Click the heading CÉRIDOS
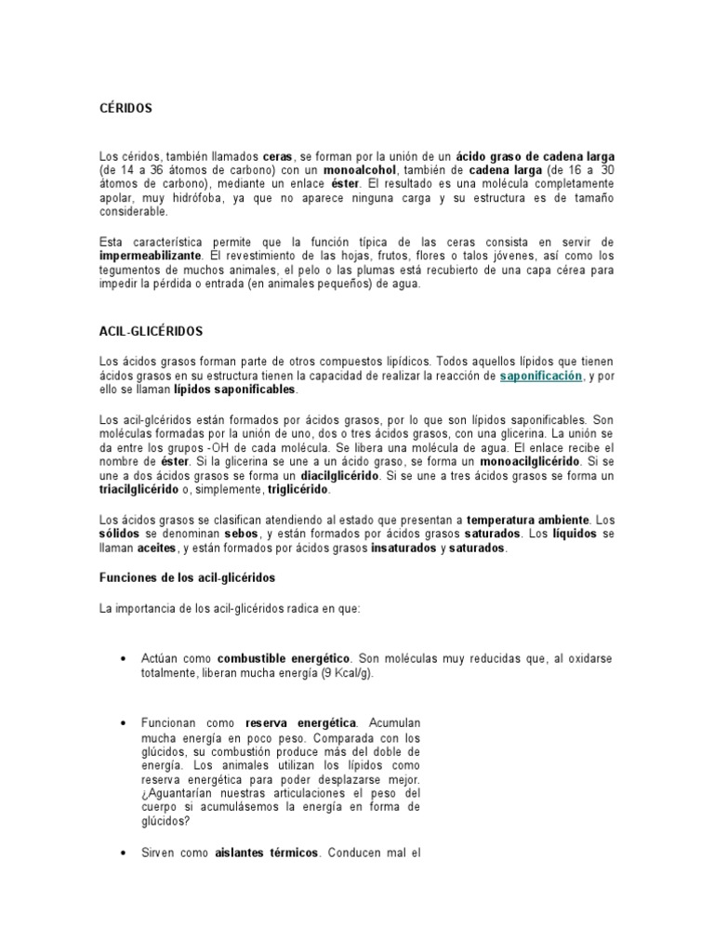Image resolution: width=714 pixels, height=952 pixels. coord(125,109)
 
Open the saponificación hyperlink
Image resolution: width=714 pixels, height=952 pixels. coord(541,375)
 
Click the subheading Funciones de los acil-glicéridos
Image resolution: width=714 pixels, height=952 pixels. coord(188,577)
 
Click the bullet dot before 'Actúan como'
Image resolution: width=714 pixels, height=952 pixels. coord(124,659)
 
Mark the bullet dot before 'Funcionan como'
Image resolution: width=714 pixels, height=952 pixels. coord(124,722)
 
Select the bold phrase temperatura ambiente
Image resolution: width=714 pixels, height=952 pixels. coord(528,521)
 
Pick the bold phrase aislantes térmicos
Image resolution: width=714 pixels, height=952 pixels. coord(268,852)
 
